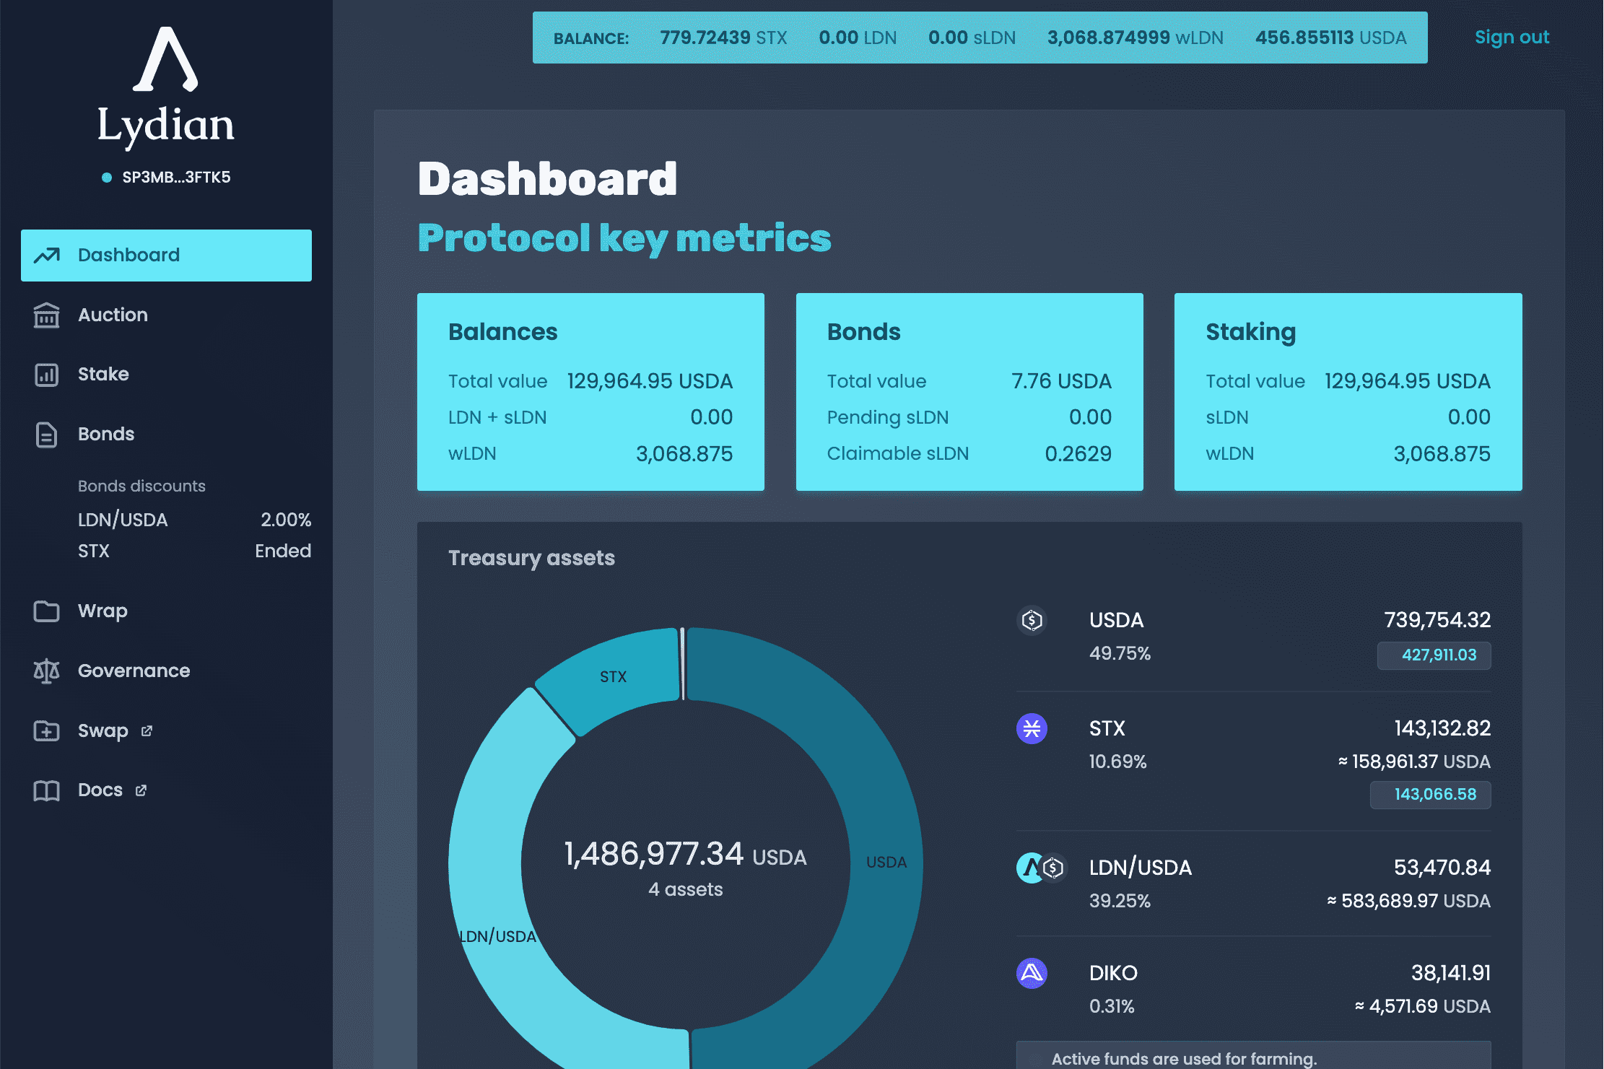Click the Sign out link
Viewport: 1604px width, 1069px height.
click(x=1512, y=38)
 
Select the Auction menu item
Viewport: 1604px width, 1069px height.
click(x=113, y=315)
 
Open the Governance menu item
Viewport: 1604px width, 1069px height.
click(x=134, y=671)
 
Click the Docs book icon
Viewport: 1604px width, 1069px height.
click(x=47, y=790)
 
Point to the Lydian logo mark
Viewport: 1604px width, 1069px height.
click(x=165, y=60)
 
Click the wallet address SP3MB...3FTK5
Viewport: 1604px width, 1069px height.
click(x=176, y=178)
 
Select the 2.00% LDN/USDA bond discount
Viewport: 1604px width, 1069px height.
click(x=286, y=520)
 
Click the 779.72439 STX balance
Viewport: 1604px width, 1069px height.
click(x=723, y=38)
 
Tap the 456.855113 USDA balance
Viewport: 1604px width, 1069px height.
click(x=1330, y=38)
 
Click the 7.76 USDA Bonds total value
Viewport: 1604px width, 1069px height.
click(x=1060, y=381)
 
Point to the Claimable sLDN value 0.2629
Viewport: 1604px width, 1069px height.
click(x=1078, y=454)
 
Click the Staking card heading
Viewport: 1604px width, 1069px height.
click(x=1250, y=332)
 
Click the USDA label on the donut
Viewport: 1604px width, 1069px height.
click(x=886, y=862)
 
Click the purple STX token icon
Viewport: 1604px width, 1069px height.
click(x=1032, y=728)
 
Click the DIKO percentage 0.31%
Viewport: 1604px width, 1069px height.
click(x=1112, y=1006)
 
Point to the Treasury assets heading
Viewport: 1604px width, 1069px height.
click(x=531, y=558)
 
